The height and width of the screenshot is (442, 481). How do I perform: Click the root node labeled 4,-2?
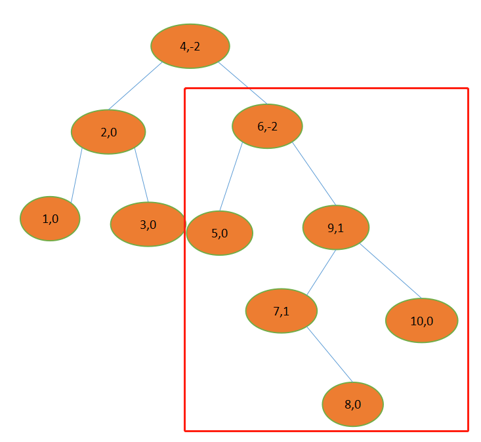pyautogui.click(x=190, y=46)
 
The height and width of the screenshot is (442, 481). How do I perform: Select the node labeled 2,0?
pyautogui.click(x=108, y=132)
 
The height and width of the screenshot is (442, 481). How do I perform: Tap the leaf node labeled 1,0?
pyautogui.click(x=50, y=219)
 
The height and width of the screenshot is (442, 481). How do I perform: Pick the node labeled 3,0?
pyautogui.click(x=148, y=224)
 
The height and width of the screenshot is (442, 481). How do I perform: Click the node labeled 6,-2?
pyautogui.click(x=267, y=126)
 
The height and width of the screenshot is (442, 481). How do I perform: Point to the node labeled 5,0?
pyautogui.click(x=219, y=233)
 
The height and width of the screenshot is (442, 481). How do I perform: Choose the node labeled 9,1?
pyautogui.click(x=336, y=228)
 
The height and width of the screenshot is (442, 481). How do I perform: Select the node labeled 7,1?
pyautogui.click(x=282, y=311)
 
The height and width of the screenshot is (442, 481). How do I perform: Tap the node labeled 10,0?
pyautogui.click(x=421, y=321)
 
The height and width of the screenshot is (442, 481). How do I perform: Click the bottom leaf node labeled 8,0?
pyautogui.click(x=352, y=404)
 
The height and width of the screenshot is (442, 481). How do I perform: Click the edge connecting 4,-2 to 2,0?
pyautogui.click(x=135, y=86)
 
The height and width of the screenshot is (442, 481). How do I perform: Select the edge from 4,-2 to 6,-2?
pyautogui.click(x=242, y=83)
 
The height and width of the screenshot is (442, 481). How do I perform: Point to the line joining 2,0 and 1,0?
pyautogui.click(x=76, y=175)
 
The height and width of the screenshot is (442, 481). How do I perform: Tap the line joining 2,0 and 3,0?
pyautogui.click(x=141, y=175)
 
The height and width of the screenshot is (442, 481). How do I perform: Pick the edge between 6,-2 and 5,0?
pyautogui.click(x=231, y=176)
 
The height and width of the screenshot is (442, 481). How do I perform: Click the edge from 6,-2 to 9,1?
pyautogui.click(x=314, y=174)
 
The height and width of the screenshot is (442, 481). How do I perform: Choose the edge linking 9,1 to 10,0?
pyautogui.click(x=390, y=271)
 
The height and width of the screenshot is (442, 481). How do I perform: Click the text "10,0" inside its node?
pyautogui.click(x=421, y=321)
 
